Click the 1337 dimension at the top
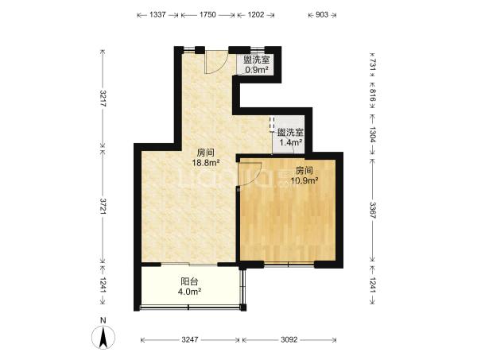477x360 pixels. point(157,14)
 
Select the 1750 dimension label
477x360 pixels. point(207,14)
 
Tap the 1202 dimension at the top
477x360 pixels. point(256,14)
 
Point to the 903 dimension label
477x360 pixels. point(322,14)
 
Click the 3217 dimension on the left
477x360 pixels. point(103,99)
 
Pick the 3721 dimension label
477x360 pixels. point(103,207)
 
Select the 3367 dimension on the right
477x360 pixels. point(373,210)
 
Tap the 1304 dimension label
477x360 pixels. point(373,134)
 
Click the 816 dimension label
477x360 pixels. point(373,95)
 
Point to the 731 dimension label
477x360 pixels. point(373,64)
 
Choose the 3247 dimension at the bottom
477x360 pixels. point(190,339)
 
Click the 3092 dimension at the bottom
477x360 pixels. point(289,339)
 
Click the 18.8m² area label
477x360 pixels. point(206,163)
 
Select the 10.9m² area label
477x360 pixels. point(304,181)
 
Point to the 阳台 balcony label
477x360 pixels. point(189,281)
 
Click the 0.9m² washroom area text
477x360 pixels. point(257,70)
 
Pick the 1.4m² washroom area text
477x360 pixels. point(291,142)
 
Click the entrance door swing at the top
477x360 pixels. point(216,62)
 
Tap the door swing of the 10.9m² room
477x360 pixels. point(250,173)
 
